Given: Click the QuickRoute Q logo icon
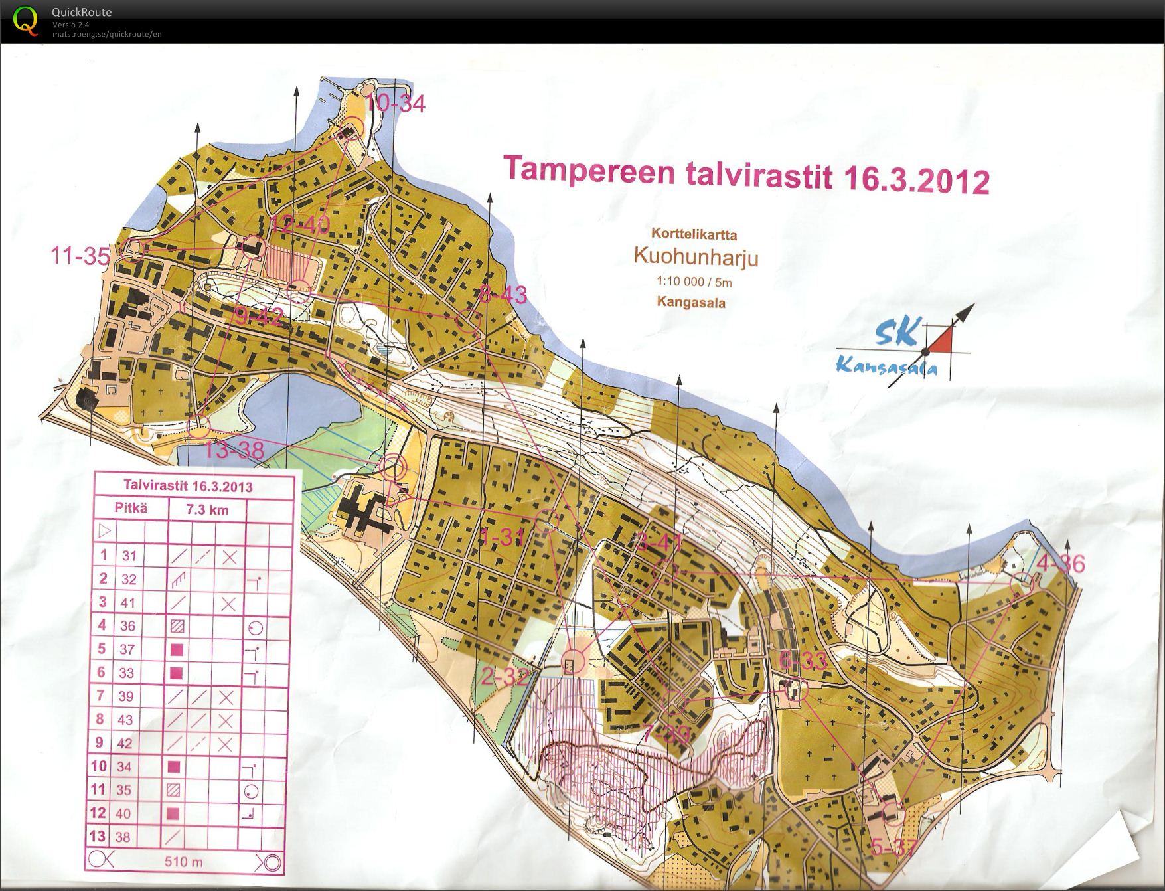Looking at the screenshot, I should click(x=25, y=19).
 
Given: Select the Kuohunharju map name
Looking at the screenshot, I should click(x=696, y=256).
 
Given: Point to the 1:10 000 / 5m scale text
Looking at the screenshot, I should click(x=694, y=282).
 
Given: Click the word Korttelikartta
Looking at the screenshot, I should click(x=694, y=234).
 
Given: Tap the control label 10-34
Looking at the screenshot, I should click(x=396, y=104).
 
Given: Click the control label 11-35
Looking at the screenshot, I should click(x=80, y=256).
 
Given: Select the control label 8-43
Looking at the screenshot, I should click(x=503, y=295).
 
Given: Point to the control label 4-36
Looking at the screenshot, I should click(x=1060, y=564).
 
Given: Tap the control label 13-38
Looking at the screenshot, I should click(x=234, y=451).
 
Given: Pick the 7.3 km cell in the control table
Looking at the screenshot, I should click(x=206, y=510).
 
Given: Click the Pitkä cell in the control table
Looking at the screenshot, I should click(x=131, y=509).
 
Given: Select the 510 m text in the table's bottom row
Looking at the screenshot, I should click(x=184, y=862).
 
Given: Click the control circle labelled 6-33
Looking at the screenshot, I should click(x=795, y=690).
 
